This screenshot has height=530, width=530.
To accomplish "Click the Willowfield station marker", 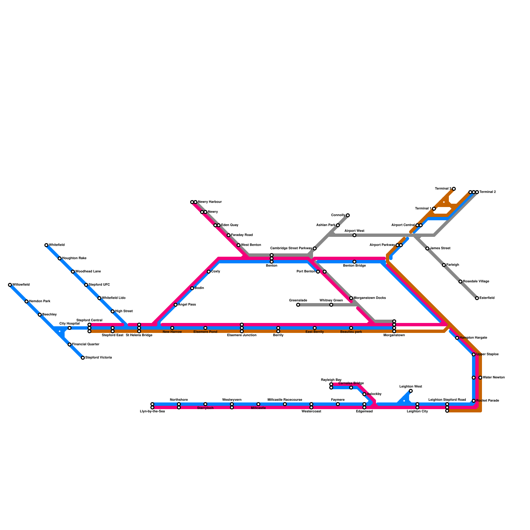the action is [10, 285].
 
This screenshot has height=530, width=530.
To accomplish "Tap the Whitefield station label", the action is [57, 245].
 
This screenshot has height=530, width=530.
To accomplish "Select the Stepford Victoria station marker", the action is [83, 358].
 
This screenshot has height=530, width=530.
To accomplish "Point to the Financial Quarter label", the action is [86, 344].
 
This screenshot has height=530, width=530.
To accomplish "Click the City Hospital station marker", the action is [70, 328].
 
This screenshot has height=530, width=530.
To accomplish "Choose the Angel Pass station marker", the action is [176, 305].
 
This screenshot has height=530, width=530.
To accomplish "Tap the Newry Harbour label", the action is [210, 202].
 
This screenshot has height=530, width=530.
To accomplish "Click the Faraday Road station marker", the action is [229, 235].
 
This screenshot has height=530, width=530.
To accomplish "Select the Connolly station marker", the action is [348, 215].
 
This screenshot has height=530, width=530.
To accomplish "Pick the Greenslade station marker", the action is [298, 305].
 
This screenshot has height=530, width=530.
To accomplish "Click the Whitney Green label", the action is [331, 300].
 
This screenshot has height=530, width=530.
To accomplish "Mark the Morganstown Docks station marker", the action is [351, 298].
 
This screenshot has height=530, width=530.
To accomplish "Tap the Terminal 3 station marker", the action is [454, 189].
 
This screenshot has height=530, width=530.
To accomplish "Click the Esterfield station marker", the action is [477, 298].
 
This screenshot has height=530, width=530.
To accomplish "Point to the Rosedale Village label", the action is [476, 282].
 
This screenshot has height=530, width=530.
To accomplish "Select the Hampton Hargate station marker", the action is [457, 338].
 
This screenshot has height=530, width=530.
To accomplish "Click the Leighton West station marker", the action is [411, 391].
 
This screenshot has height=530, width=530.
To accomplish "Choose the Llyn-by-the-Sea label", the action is [152, 411].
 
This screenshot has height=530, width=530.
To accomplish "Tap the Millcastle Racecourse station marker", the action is [285, 404].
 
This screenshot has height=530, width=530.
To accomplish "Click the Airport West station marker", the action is [354, 235].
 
